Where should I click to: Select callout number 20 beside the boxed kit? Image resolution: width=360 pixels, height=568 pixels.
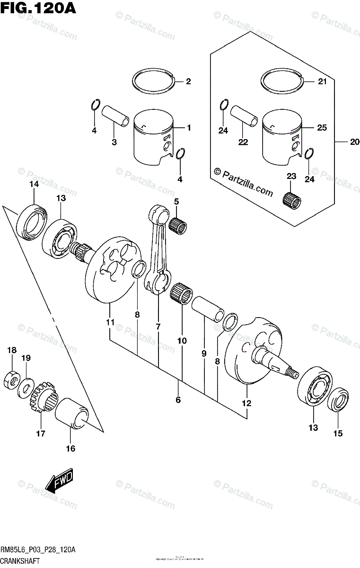(x=355, y=142)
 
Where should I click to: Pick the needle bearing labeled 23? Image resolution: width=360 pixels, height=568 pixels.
(x=291, y=199)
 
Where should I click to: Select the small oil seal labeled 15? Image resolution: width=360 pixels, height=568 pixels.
(x=338, y=400)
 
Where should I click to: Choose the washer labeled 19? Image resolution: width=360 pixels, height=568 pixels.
(x=26, y=387)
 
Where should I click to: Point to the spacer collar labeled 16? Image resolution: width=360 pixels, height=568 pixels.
(x=71, y=413)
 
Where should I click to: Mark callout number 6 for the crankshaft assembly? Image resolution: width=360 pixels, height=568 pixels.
(x=178, y=400)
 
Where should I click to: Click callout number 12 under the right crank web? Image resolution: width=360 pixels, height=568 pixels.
(x=247, y=404)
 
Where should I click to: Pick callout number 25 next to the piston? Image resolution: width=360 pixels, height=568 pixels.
(x=322, y=128)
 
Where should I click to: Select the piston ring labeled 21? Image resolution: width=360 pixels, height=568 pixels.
(x=281, y=82)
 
